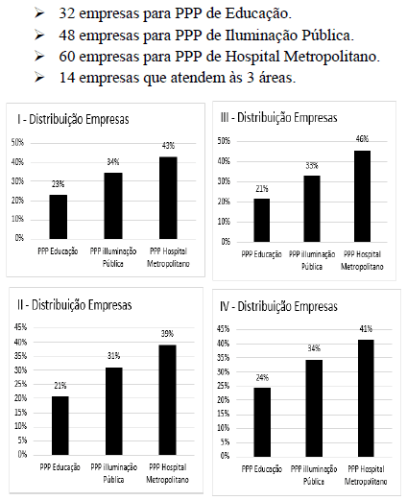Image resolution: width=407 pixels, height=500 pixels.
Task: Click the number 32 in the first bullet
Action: (x=67, y=13)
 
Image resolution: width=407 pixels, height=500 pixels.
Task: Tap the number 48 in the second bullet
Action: (x=67, y=36)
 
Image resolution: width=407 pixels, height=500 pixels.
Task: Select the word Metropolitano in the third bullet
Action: (x=331, y=57)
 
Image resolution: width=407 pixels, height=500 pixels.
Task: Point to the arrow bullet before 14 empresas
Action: (x=39, y=77)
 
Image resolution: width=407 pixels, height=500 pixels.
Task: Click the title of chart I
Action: (x=73, y=119)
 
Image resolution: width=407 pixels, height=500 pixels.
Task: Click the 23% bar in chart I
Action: (x=59, y=217)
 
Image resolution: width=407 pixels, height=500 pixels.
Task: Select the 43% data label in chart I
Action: (x=168, y=146)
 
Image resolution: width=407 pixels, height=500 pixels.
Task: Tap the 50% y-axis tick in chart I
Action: (x=17, y=142)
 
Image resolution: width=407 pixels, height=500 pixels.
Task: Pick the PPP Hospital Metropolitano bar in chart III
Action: (x=362, y=196)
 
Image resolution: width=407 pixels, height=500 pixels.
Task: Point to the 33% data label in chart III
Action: (x=312, y=166)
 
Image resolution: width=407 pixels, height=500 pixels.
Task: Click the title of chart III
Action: (x=278, y=118)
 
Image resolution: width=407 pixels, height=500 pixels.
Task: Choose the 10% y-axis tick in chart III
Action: (x=224, y=222)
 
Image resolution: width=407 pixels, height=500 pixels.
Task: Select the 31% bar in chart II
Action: (x=114, y=411)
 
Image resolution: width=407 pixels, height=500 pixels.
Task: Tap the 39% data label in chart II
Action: (x=167, y=334)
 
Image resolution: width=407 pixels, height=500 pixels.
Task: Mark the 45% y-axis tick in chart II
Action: (x=20, y=327)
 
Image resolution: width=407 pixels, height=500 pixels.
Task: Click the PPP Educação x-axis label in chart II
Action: (x=60, y=467)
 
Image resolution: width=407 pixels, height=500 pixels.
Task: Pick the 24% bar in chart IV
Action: (x=262, y=422)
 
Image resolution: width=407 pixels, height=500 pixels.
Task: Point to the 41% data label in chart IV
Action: (x=366, y=329)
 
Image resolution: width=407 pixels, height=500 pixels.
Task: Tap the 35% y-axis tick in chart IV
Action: (x=224, y=358)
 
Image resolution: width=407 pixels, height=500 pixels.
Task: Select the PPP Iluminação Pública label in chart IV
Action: (x=314, y=475)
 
